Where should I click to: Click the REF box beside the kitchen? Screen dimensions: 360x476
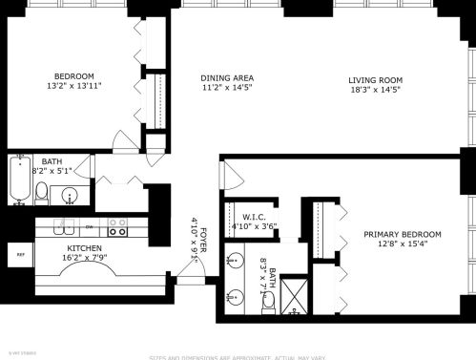[x=19, y=255]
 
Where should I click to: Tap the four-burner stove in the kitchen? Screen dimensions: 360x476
[x=118, y=228]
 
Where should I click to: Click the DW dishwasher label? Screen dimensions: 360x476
[x=89, y=227]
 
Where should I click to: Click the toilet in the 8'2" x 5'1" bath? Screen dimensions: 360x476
[x=42, y=194]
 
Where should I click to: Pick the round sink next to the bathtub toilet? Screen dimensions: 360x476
[x=69, y=196]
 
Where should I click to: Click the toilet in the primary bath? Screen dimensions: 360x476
[x=268, y=300]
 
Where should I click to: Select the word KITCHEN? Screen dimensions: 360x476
[x=84, y=247]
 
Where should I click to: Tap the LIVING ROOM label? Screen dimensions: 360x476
[x=375, y=79]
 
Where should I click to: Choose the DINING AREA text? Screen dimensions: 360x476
[x=226, y=77]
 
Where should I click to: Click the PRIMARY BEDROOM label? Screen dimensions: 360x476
[x=403, y=234]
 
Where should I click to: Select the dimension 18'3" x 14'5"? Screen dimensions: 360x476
[x=375, y=89]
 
